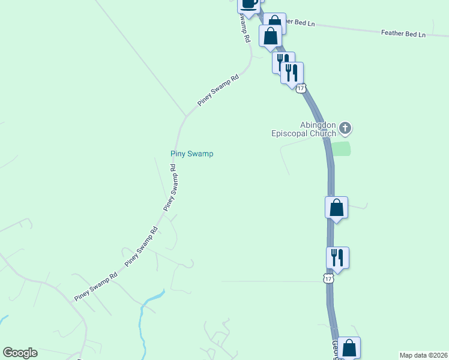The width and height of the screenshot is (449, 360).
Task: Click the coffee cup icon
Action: point(249,2)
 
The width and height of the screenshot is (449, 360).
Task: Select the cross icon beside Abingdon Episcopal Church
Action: point(345,127)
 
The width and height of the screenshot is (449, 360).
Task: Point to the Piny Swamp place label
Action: point(192,154)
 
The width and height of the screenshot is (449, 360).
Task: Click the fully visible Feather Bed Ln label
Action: point(403,34)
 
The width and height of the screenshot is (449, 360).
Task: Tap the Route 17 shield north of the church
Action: point(301,88)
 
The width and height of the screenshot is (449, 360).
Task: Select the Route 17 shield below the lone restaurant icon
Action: point(328,278)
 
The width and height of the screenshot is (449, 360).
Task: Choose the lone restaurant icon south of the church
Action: point(337,257)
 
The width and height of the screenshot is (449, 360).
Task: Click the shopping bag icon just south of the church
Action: point(337,208)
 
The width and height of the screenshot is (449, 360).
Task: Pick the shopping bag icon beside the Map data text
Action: point(348,348)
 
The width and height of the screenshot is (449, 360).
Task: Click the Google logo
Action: point(20,353)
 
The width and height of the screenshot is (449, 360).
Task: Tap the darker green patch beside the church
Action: point(341,149)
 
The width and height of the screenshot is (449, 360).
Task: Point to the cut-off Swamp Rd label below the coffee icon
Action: point(244,27)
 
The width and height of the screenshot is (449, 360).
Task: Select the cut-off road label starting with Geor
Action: point(334,350)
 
